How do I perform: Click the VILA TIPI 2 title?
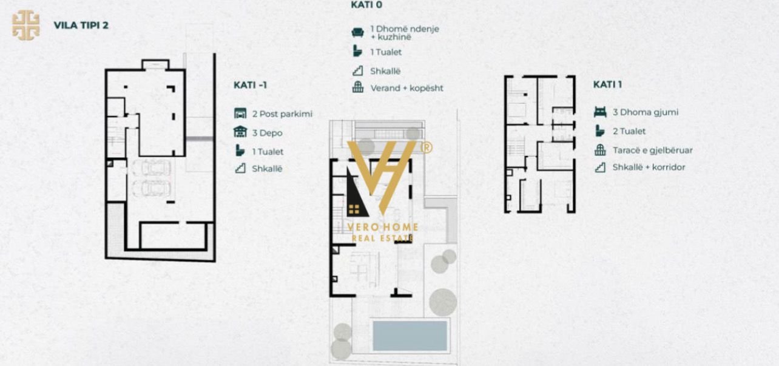tap(81, 25)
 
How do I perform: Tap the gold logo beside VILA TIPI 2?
tap(26, 25)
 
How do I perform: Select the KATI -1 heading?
tap(250, 85)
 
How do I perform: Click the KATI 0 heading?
tap(366, 5)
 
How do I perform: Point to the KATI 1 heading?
tap(607, 84)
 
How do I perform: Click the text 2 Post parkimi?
tap(282, 114)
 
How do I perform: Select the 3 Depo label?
tap(267, 133)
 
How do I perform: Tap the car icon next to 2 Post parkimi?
tap(240, 114)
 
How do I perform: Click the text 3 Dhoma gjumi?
tap(645, 112)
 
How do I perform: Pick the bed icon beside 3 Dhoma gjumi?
tap(600, 112)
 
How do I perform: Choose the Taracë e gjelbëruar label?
tap(652, 151)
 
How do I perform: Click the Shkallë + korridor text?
tap(649, 167)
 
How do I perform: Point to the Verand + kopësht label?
tap(406, 88)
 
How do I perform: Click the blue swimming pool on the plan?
tap(410, 335)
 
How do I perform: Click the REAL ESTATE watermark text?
tap(382, 239)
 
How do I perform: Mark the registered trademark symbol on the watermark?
tap(427, 147)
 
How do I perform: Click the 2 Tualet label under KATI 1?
tap(629, 131)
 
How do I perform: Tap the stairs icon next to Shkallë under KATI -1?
tap(240, 169)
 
